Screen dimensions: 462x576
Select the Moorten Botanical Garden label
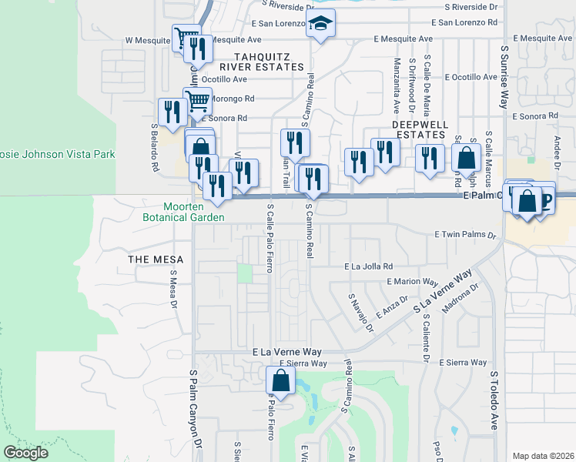(193, 212)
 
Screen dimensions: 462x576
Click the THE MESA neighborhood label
(153, 259)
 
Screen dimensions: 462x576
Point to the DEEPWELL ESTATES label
(418, 129)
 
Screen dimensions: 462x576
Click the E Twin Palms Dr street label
(461, 233)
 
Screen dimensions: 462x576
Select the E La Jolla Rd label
(368, 266)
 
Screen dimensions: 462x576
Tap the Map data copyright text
(543, 456)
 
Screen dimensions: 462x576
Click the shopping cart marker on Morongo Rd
(198, 100)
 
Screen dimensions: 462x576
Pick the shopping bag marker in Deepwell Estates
(467, 159)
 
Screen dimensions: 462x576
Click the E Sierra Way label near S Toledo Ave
(463, 362)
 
